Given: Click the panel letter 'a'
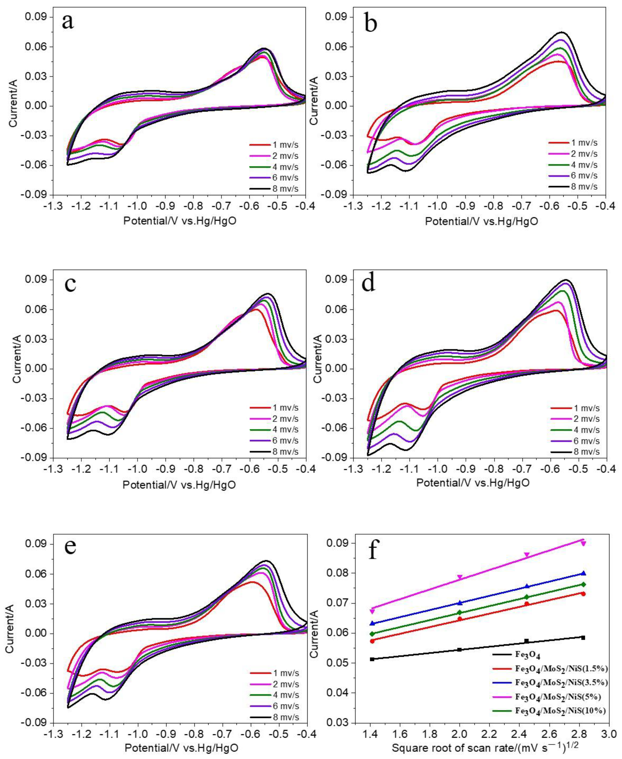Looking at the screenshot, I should coord(68,22).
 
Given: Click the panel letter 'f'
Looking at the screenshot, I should coord(374,552).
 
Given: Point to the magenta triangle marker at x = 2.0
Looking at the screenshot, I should coord(460,577).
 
